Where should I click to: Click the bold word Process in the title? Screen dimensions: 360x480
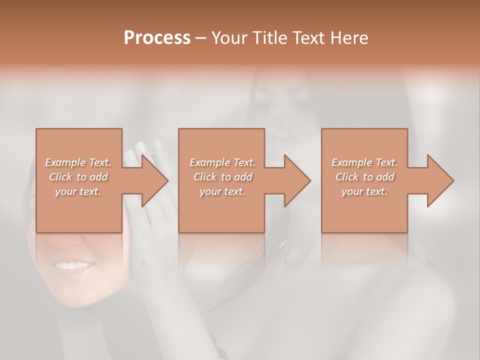(x=157, y=38)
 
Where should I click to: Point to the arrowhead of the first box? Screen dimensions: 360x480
(x=152, y=180)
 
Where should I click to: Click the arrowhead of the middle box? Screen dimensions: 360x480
(x=295, y=180)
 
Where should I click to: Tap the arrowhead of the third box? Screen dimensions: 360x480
(x=438, y=180)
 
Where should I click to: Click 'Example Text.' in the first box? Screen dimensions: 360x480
(x=78, y=162)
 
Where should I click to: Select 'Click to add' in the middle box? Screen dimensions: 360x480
(x=222, y=177)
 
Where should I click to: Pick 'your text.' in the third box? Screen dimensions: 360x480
(x=364, y=191)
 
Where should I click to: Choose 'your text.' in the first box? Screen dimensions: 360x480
(x=78, y=191)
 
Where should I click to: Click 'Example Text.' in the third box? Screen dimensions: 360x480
(x=364, y=162)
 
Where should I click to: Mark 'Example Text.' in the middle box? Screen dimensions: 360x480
(x=222, y=162)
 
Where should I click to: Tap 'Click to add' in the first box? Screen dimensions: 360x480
(x=78, y=177)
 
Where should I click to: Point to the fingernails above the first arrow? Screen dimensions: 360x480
(x=145, y=147)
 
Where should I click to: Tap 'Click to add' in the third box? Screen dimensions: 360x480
(x=364, y=177)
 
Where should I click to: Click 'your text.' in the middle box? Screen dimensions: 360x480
(x=222, y=191)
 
